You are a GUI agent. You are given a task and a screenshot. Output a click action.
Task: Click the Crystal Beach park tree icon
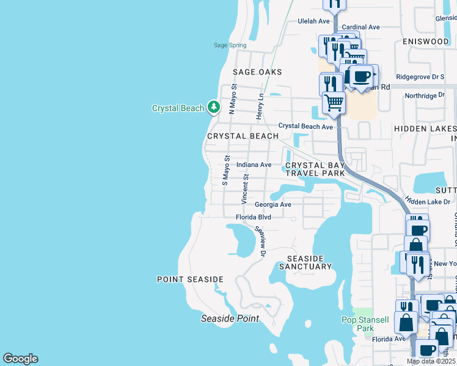(213, 108)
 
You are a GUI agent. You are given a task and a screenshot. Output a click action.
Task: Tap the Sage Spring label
(230, 45)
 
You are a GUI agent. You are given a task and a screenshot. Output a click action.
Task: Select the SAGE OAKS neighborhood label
(257, 72)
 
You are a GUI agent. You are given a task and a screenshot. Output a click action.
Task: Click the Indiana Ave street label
(254, 165)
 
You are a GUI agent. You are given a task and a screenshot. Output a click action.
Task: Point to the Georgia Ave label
(272, 205)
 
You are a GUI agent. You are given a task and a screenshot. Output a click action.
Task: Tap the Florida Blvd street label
(253, 217)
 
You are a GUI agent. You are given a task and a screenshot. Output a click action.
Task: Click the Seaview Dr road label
(261, 241)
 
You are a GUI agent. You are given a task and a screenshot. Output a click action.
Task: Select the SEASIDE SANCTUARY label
(305, 262)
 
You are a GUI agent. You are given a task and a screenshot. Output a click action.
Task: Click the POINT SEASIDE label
(190, 279)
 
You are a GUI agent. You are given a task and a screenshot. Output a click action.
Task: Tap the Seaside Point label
(230, 318)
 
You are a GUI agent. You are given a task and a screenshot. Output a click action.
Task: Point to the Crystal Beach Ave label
(305, 126)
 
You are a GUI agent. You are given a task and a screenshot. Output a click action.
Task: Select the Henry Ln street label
(260, 105)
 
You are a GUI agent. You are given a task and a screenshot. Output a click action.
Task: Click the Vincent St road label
(244, 189)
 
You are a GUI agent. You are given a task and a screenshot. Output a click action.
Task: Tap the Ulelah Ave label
(313, 20)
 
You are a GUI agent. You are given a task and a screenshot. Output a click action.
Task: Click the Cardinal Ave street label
(360, 27)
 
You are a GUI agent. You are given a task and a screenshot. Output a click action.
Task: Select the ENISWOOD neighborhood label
(425, 41)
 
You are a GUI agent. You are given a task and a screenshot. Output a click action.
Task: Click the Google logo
(20, 359)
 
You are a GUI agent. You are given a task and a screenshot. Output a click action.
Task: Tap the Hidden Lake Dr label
(428, 201)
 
